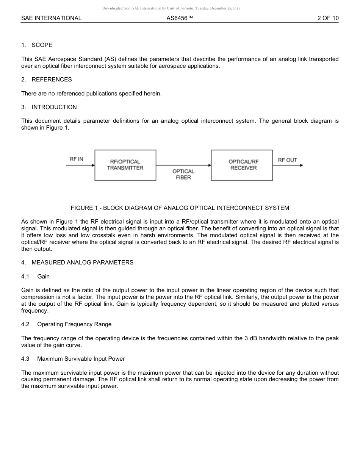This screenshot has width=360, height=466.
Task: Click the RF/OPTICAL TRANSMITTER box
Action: pyautogui.click(x=125, y=165)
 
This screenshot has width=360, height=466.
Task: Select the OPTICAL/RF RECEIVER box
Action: pyautogui.click(x=242, y=165)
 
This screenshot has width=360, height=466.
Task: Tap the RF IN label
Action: pyautogui.click(x=76, y=159)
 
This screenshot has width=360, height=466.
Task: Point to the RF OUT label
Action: pyautogui.click(x=287, y=160)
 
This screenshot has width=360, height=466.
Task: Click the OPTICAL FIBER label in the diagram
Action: pyautogui.click(x=183, y=174)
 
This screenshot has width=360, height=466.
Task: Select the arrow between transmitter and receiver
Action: pyautogui.click(x=183, y=165)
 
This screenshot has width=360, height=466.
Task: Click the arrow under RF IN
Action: pyautogui.click(x=80, y=165)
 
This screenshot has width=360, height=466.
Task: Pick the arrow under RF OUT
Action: pyautogui.click(x=288, y=165)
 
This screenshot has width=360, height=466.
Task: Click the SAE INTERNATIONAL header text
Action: pyautogui.click(x=51, y=18)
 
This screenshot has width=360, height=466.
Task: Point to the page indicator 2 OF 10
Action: pyautogui.click(x=328, y=18)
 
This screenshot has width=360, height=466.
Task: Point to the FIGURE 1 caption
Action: pyautogui.click(x=180, y=208)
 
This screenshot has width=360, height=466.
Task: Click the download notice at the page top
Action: pyautogui.click(x=171, y=8)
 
